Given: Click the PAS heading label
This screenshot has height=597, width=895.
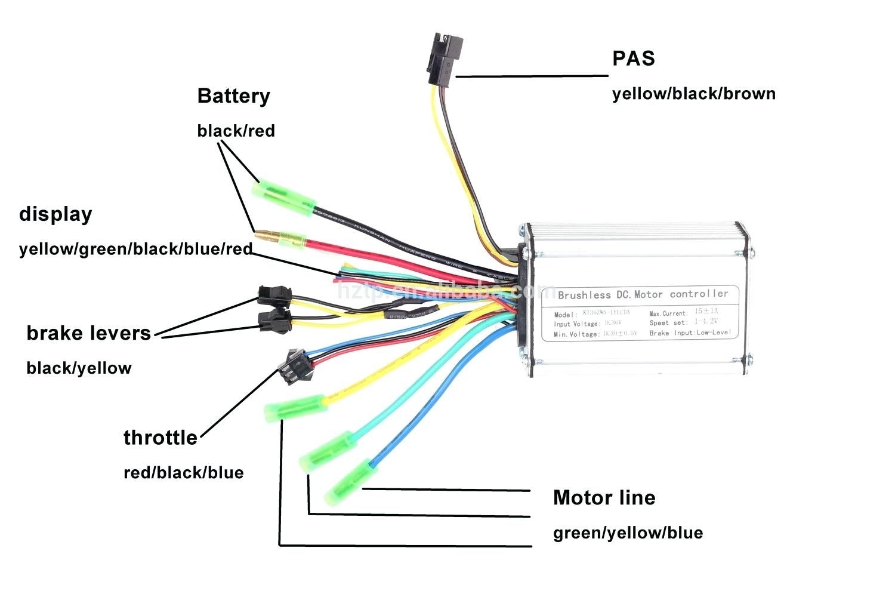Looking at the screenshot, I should (x=633, y=59).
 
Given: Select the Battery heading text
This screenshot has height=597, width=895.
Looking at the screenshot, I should (x=233, y=96).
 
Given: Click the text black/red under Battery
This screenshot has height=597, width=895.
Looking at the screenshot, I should (x=236, y=131).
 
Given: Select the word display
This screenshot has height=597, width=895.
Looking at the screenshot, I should (x=55, y=214).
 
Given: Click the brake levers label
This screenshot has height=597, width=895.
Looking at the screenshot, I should (x=89, y=333).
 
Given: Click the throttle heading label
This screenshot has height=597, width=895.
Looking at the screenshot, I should (x=160, y=438).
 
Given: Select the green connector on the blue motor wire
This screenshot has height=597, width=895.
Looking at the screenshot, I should (x=350, y=482).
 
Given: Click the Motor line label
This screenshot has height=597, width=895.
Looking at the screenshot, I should (x=604, y=498).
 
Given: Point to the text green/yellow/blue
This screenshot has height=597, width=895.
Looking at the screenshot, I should (x=628, y=533).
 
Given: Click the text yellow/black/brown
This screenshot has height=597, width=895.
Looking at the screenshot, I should (x=693, y=94).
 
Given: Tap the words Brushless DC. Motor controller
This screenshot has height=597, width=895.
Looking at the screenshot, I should (x=643, y=294).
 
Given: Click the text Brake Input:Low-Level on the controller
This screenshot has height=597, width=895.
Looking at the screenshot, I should (x=690, y=333).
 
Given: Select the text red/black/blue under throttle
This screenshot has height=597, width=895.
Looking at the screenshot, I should (x=183, y=473).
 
